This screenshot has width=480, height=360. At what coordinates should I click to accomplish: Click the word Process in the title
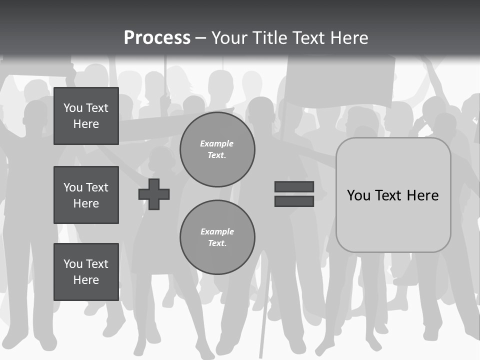(157, 38)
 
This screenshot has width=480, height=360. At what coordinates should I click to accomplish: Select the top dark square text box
(86, 116)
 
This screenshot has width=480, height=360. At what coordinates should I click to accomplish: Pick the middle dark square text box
(86, 195)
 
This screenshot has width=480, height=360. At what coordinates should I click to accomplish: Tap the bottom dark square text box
(86, 272)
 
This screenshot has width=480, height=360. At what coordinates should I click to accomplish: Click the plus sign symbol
(154, 194)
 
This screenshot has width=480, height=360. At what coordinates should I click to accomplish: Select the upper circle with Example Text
(217, 149)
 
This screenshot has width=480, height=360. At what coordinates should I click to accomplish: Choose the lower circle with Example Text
(217, 237)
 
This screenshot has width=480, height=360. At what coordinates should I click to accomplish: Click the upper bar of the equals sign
(294, 187)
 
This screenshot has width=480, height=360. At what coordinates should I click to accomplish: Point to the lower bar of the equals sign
(294, 201)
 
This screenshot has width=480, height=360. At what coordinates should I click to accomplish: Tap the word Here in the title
(348, 38)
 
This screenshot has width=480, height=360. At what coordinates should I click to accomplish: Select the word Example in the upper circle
(217, 143)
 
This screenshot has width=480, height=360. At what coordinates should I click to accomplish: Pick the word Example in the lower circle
(217, 231)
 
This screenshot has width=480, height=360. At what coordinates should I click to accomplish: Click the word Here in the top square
(86, 124)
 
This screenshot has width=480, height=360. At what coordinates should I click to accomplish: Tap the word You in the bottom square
(73, 264)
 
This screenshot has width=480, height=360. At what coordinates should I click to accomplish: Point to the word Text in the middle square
(96, 187)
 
